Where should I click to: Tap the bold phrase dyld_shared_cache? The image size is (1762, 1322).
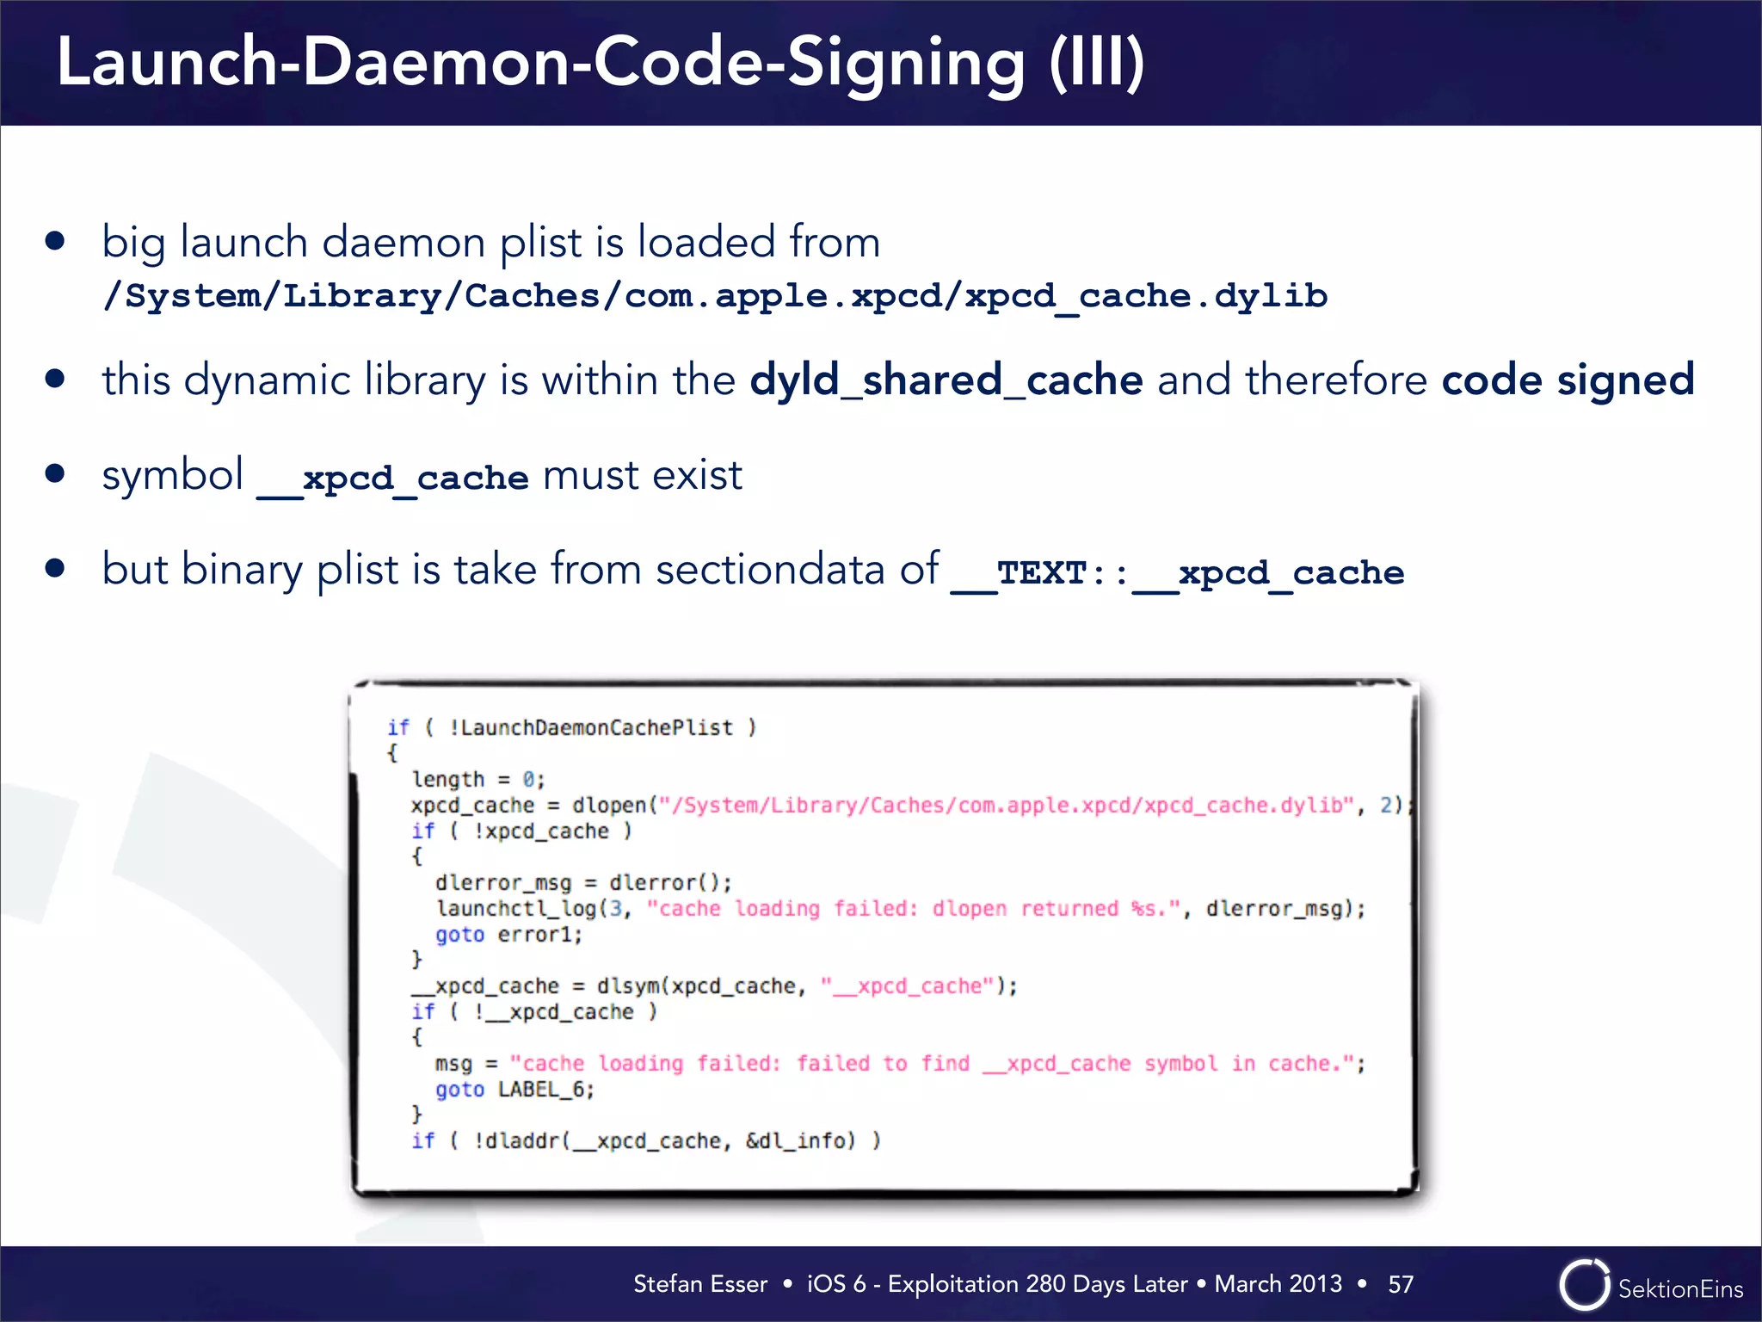point(946,380)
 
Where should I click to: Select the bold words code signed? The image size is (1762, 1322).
point(1568,380)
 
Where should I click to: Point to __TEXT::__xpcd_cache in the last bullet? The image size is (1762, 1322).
point(1177,573)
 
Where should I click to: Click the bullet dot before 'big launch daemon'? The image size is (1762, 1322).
point(56,241)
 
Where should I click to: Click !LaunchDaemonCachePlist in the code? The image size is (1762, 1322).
point(591,728)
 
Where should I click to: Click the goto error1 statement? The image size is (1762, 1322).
point(508,935)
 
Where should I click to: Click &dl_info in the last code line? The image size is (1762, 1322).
point(800,1141)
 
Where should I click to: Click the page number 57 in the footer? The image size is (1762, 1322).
point(1401,1284)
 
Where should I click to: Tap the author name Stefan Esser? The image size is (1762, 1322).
point(699,1284)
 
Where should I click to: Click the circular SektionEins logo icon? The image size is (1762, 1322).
point(1583,1285)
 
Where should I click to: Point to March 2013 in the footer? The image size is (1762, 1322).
point(1278,1284)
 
